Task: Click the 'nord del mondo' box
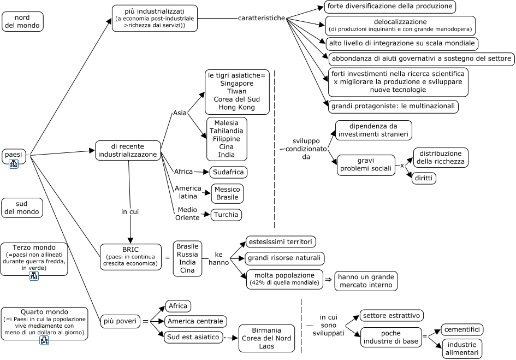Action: coord(22,22)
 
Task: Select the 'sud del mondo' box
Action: coord(22,208)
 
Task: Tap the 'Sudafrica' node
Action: coord(228,172)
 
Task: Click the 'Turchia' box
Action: coord(226,215)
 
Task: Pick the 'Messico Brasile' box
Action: coord(227,193)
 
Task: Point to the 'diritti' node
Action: coord(424,178)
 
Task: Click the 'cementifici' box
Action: coord(462,329)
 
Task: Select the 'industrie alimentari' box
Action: coord(462,349)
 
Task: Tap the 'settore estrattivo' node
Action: coord(392,316)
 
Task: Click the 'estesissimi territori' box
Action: coord(281,242)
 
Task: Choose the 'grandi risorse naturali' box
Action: coord(284,258)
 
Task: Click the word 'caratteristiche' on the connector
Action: coord(262,18)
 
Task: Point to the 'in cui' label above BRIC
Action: coord(130,212)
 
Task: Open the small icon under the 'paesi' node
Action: coord(14,164)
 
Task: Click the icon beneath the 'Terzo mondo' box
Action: coord(34,276)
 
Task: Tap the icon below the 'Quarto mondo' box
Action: coord(44,340)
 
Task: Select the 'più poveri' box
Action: coord(120,321)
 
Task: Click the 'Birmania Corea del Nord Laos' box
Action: coord(266,338)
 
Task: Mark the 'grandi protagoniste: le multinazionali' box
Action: coord(393,107)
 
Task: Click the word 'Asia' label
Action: coord(180,113)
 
